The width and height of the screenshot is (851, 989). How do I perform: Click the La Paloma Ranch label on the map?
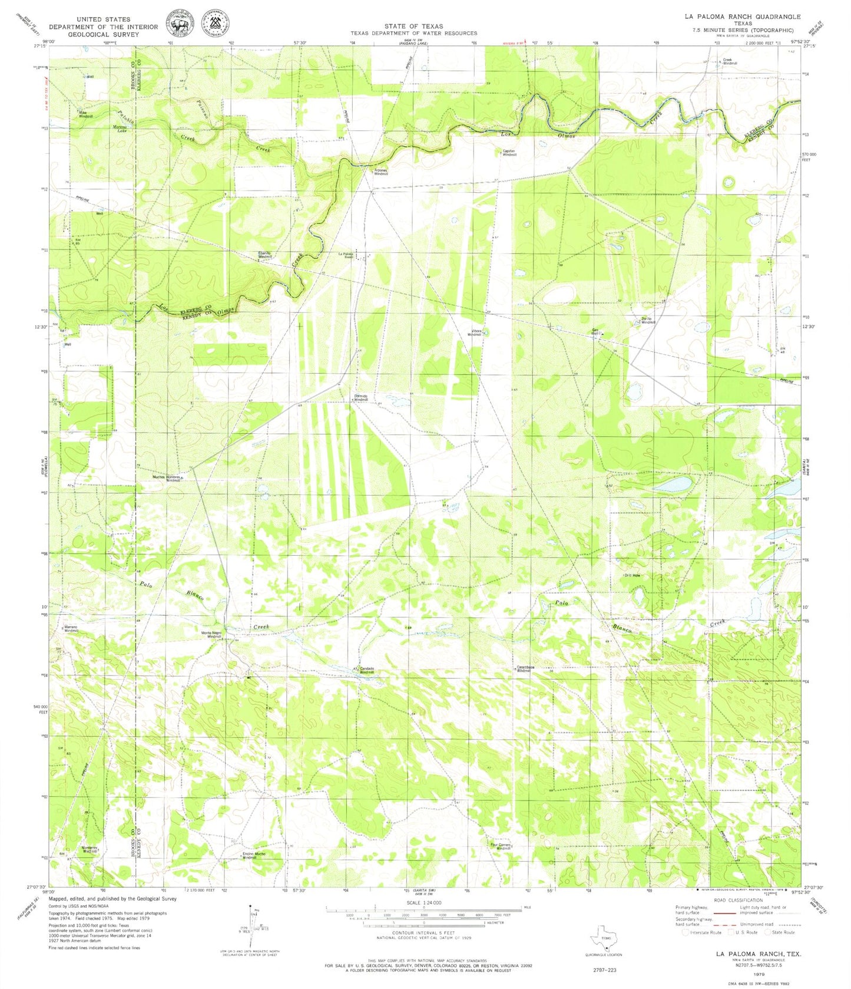[x=346, y=255]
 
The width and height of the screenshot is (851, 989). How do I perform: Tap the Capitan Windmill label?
[x=509, y=153]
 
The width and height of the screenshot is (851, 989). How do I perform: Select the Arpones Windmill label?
[x=382, y=172]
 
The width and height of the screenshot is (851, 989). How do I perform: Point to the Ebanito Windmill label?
[x=265, y=255]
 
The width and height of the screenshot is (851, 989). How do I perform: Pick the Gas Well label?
[x=595, y=332]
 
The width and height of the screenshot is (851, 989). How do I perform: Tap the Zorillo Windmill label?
[x=648, y=321]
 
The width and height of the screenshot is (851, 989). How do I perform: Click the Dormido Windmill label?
[x=360, y=398]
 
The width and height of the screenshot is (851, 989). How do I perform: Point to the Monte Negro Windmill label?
[x=211, y=635]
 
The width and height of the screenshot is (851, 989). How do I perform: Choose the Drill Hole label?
[x=632, y=575]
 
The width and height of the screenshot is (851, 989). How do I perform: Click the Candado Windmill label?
[x=366, y=670]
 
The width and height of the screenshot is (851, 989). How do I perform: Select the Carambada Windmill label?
[x=525, y=669]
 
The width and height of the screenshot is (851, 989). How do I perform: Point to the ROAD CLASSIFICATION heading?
[x=736, y=900]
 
